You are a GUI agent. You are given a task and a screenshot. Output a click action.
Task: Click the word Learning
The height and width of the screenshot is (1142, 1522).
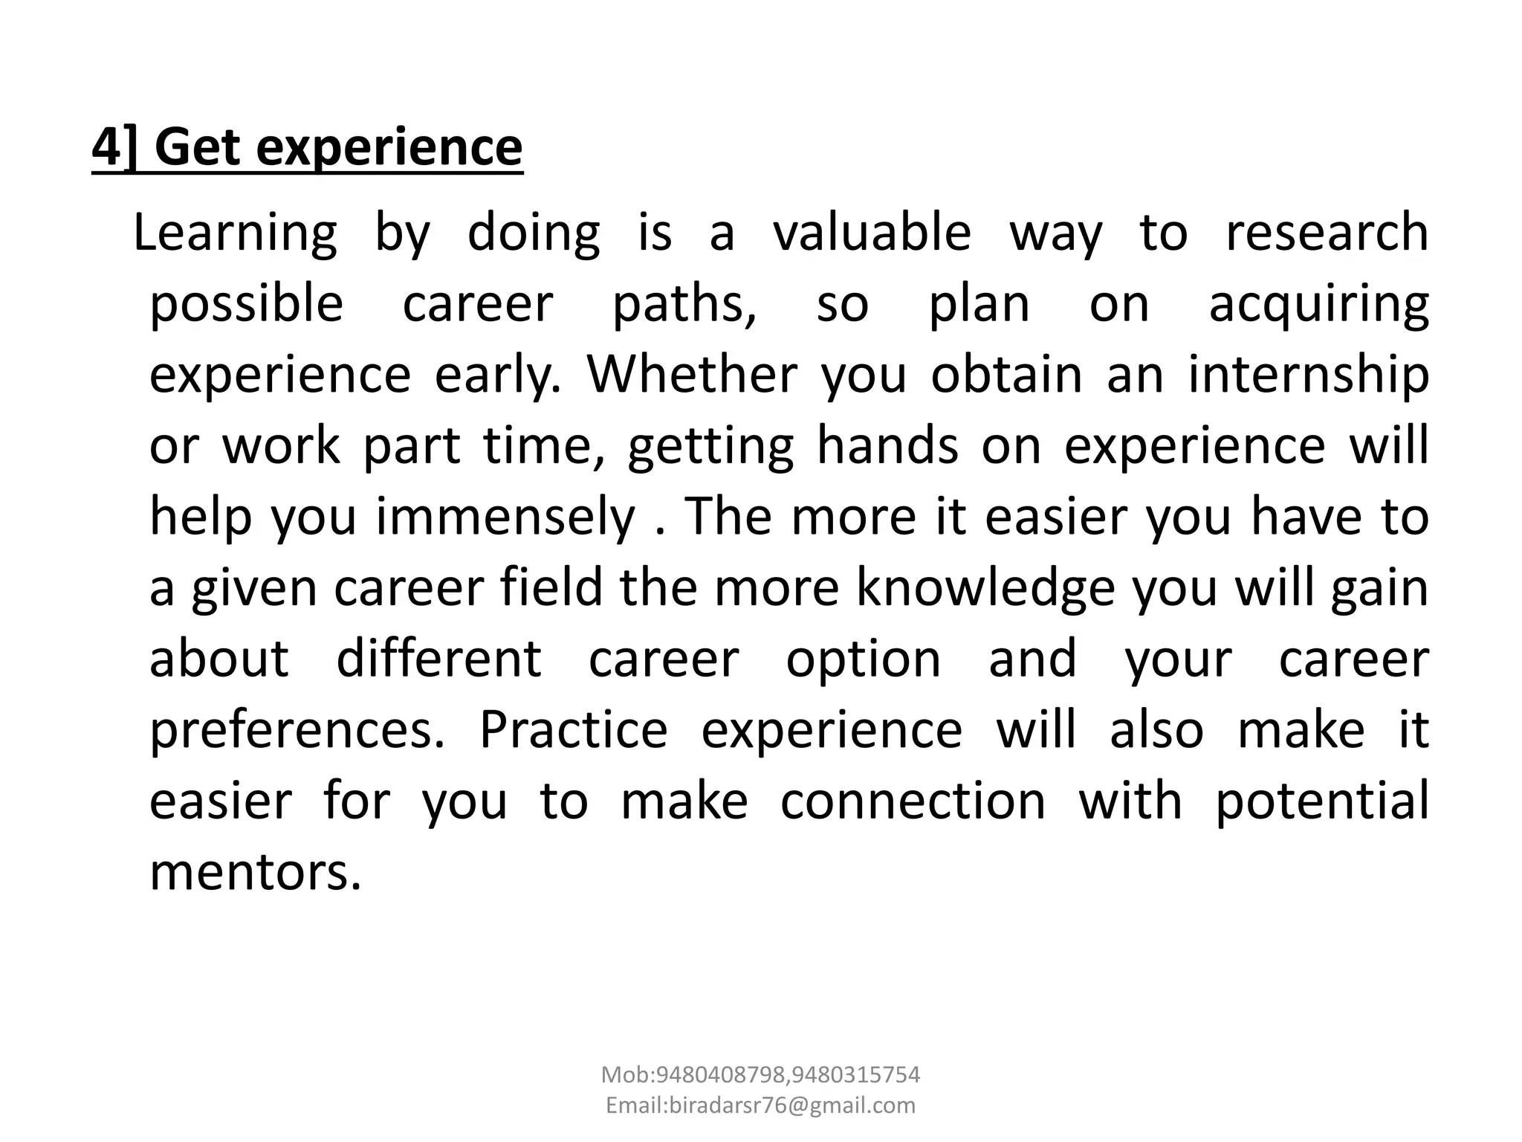click(x=235, y=233)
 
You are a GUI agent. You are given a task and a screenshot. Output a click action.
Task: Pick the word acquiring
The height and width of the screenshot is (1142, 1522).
click(x=1318, y=305)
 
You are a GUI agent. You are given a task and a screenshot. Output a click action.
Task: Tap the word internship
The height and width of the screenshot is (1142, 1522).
click(x=1308, y=375)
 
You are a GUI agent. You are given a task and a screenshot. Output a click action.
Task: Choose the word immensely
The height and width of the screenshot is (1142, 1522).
click(x=505, y=517)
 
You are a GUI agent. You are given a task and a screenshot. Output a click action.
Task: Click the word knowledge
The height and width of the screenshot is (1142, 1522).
click(x=985, y=588)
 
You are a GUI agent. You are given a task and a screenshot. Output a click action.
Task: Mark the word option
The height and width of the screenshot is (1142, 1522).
click(x=864, y=659)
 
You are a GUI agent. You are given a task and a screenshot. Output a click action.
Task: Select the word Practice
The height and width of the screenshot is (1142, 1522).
click(x=574, y=729)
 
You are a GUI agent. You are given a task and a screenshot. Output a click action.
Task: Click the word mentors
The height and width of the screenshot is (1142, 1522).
click(x=255, y=871)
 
